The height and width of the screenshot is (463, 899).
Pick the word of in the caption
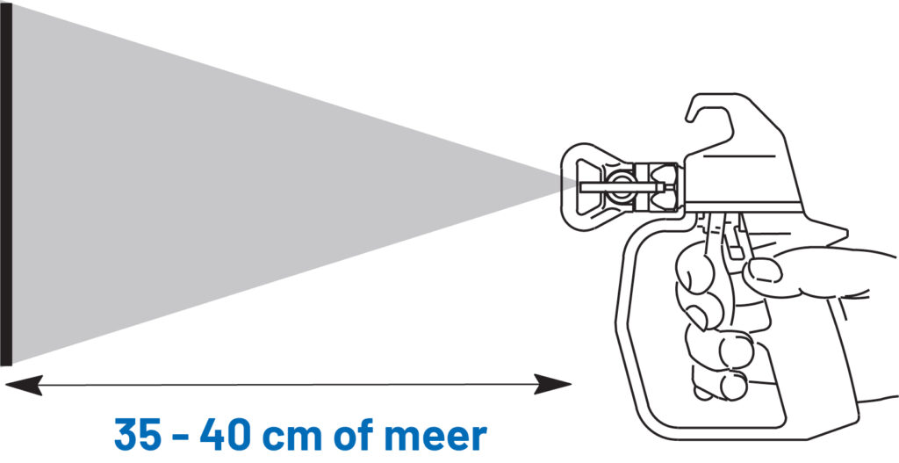[361, 434]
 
